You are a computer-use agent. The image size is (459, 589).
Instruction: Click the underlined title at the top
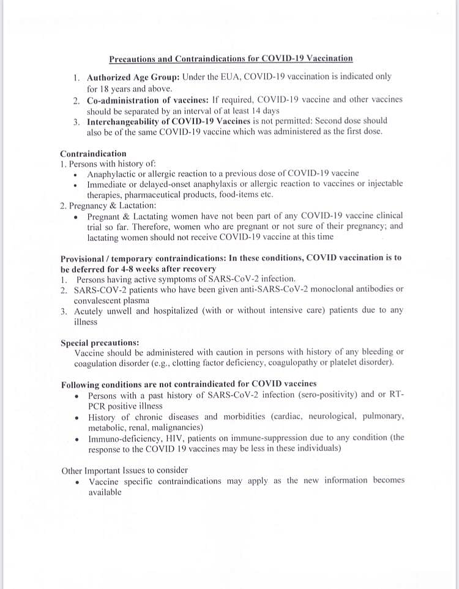point(231,59)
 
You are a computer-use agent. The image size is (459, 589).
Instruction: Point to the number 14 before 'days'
point(252,111)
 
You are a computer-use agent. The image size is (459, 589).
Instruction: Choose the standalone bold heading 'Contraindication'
point(93,154)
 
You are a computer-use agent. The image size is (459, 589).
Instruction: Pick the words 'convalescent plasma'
point(111,300)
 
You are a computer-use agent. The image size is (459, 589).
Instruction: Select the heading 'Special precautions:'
point(100,342)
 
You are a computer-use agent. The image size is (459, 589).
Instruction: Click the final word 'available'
point(105,492)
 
